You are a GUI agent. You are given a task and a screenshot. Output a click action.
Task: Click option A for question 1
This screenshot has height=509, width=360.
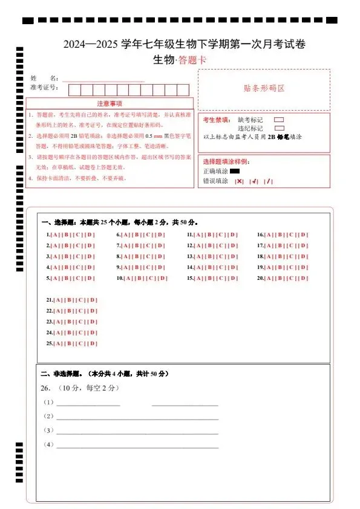coord(55,235)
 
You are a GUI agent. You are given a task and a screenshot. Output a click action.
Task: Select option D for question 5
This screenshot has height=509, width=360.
coord(90,279)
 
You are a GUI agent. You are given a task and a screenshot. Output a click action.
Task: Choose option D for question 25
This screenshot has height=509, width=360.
coord(93,344)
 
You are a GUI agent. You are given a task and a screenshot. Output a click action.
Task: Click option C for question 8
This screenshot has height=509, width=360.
coord(149,257)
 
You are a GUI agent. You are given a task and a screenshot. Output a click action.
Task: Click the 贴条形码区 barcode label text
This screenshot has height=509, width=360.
coord(264,88)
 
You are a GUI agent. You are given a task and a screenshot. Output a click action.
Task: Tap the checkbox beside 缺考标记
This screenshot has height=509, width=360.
coord(279,120)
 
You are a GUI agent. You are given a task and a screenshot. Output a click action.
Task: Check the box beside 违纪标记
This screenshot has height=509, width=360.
coord(279,128)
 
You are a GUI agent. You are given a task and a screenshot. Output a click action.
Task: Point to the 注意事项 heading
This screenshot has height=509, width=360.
coord(110,104)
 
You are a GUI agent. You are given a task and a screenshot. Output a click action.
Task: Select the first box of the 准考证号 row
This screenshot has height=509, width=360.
coord(74,90)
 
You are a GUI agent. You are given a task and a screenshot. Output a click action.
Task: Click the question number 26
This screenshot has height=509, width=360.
coord(45,387)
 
